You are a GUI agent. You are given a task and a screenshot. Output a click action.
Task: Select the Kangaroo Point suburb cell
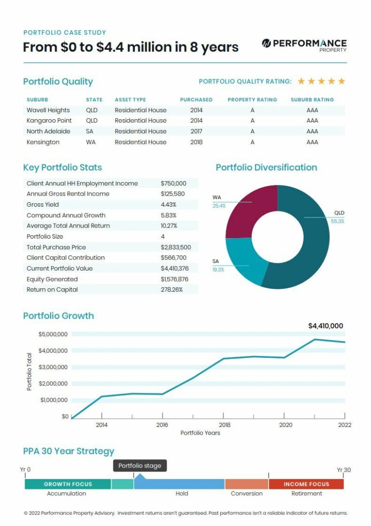click(x=49, y=121)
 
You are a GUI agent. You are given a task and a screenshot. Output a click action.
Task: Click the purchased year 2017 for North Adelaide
click(x=196, y=131)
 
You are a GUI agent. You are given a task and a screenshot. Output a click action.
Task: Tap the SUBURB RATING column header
click(x=312, y=100)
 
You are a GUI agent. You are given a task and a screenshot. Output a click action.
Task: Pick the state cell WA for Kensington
click(x=91, y=142)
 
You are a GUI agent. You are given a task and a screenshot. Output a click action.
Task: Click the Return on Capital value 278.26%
click(x=172, y=290)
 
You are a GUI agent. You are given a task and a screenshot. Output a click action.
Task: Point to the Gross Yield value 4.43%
click(x=169, y=205)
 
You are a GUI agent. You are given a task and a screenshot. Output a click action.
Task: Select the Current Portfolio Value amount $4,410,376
click(x=174, y=269)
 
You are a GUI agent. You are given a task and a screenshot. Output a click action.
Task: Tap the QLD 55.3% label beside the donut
click(x=338, y=217)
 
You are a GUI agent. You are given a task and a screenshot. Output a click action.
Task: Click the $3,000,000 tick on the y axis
click(x=53, y=367)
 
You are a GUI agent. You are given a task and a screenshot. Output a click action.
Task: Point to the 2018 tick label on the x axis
click(x=224, y=425)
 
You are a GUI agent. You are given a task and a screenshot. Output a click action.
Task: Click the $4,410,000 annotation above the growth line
click(x=326, y=326)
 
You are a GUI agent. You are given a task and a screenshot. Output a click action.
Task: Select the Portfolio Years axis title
click(x=200, y=433)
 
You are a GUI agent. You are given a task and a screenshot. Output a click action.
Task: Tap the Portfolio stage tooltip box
click(x=140, y=466)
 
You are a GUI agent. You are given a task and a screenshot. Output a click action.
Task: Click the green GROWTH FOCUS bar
click(x=68, y=484)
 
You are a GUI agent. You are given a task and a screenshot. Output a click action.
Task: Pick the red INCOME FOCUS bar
click(x=306, y=484)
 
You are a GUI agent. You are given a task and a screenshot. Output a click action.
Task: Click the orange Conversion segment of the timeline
click(x=246, y=484)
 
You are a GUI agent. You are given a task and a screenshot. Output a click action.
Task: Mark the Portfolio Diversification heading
click(x=266, y=168)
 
